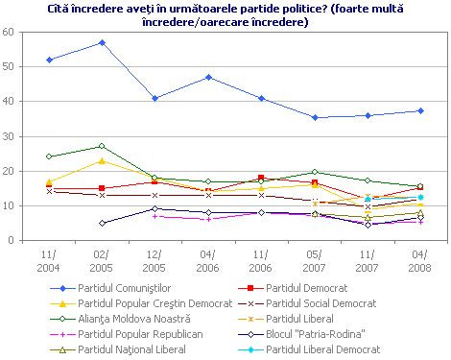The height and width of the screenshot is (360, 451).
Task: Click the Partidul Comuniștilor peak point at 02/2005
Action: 102,42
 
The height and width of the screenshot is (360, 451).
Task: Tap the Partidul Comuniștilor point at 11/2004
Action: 49,60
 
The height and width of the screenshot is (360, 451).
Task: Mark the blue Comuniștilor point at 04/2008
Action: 420,110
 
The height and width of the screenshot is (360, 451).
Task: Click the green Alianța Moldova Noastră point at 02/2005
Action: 102,146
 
